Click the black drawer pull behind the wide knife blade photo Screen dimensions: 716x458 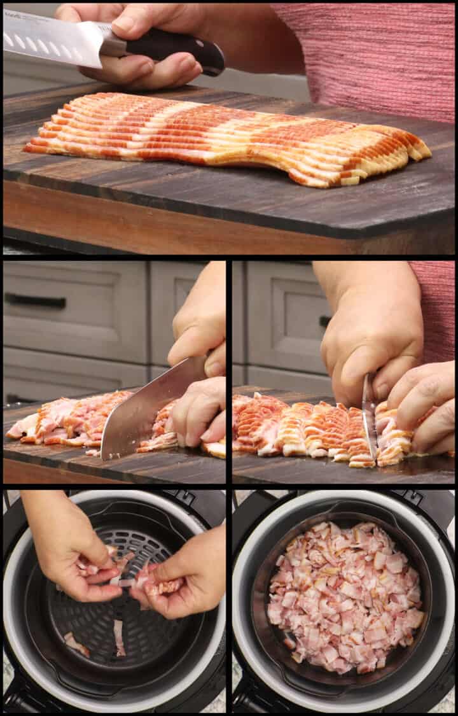click(35, 300)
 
